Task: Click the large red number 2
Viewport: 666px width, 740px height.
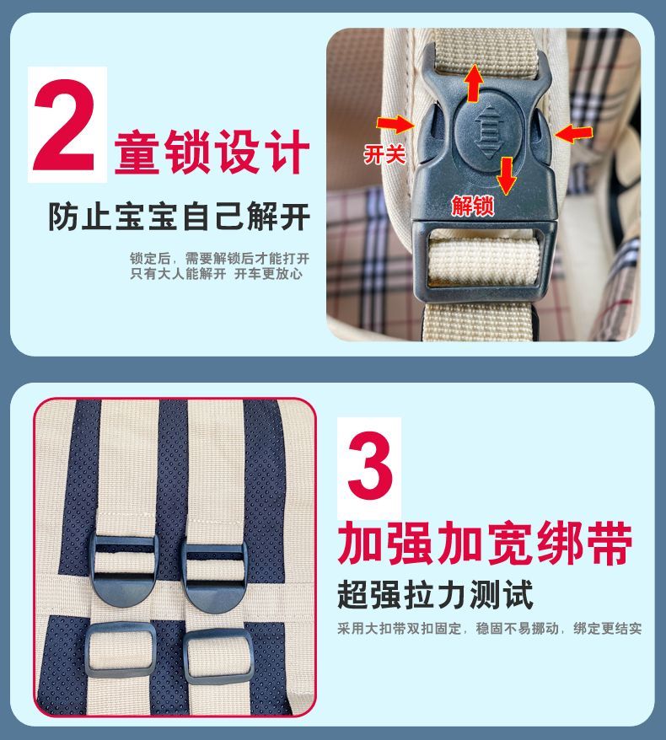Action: tap(64, 126)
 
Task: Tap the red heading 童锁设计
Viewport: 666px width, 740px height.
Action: tap(212, 152)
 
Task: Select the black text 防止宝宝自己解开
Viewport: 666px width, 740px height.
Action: tap(179, 217)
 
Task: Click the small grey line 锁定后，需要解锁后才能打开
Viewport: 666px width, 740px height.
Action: tap(219, 258)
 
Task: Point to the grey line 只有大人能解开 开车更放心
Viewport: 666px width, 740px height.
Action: tap(216, 273)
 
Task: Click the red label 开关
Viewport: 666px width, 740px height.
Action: tap(384, 154)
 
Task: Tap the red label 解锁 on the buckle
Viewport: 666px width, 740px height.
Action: tap(472, 206)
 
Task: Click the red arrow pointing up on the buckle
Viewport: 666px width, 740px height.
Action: tap(474, 83)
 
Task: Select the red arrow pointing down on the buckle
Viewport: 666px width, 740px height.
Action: tap(507, 175)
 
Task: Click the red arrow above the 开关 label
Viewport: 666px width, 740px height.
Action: tap(395, 125)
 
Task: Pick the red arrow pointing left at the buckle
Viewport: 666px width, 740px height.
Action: tap(573, 133)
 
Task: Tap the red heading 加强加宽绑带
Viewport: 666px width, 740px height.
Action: tap(485, 543)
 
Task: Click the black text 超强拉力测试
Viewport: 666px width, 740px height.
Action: tap(435, 595)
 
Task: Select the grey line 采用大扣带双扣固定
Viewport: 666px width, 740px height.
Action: tap(399, 629)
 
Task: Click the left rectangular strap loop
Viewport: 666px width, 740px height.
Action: tap(121, 650)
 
